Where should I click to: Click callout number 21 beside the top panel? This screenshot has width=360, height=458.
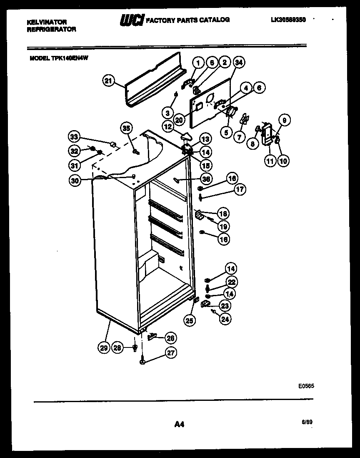pyautogui.click(x=108, y=81)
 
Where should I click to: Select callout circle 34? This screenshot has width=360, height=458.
pyautogui.click(x=238, y=63)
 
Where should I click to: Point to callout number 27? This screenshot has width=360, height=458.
pyautogui.click(x=170, y=352)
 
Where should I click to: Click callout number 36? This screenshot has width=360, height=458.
pyautogui.click(x=206, y=179)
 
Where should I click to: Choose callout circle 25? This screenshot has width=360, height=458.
pyautogui.click(x=190, y=320)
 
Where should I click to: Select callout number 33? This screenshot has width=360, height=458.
pyautogui.click(x=74, y=136)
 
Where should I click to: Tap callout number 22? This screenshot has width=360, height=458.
pyautogui.click(x=231, y=282)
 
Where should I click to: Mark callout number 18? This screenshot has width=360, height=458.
pyautogui.click(x=223, y=214)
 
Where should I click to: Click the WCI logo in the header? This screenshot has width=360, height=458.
pyautogui.click(x=132, y=20)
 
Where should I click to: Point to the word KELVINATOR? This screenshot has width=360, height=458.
pyautogui.click(x=47, y=22)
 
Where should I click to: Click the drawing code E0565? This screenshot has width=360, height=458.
pyautogui.click(x=306, y=386)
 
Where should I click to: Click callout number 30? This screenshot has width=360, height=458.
pyautogui.click(x=74, y=181)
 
